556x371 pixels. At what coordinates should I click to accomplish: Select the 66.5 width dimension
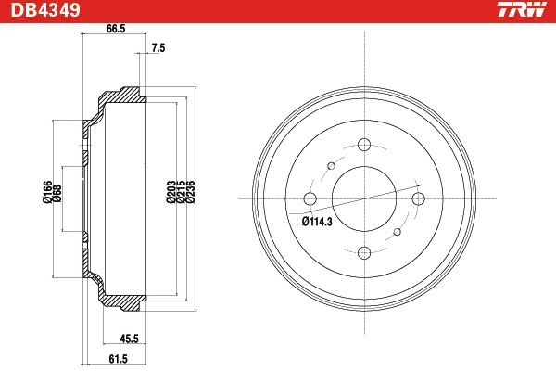click(x=115, y=29)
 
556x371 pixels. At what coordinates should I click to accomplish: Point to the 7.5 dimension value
click(x=158, y=48)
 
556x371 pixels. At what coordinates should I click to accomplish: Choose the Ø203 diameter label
click(x=171, y=191)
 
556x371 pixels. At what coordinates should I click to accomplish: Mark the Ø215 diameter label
click(x=182, y=191)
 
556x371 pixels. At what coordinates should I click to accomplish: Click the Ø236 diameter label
click(x=192, y=191)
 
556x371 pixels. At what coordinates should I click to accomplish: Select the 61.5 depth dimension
click(x=116, y=358)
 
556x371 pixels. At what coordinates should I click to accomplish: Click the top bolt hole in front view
click(x=363, y=145)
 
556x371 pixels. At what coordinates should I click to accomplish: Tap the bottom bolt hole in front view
click(x=363, y=251)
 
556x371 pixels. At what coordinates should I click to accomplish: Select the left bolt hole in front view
click(x=310, y=198)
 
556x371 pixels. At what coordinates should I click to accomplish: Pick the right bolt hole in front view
click(x=417, y=198)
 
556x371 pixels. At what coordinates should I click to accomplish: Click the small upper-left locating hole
click(x=329, y=165)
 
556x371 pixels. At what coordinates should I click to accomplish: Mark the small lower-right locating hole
click(x=398, y=232)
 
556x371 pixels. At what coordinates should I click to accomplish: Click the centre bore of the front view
click(x=363, y=198)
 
